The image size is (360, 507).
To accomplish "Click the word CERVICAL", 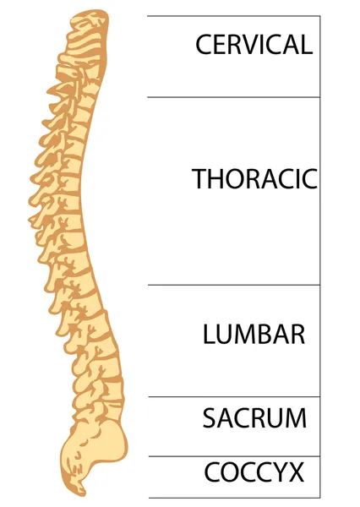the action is [254, 44].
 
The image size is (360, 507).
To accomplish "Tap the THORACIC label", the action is [255, 178].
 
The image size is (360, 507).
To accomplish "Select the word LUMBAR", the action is [254, 334].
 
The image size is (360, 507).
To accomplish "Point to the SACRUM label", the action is [254, 418].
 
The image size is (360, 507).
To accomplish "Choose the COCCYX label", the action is [254, 472].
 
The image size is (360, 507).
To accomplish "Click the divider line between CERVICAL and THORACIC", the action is [233, 96].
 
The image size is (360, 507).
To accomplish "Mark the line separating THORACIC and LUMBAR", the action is [234, 286].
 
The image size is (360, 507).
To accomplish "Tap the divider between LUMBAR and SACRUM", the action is [234, 397].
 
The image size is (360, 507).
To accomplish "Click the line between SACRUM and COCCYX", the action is [234, 456].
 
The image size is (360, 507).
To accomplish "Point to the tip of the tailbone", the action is [85, 494].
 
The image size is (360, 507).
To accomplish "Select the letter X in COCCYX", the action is [295, 472].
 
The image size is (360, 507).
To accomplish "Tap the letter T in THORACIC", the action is [199, 178].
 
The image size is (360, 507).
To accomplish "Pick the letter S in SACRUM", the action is [210, 418].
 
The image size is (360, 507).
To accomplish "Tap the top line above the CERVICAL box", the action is [233, 15].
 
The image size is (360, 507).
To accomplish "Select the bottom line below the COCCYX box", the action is [234, 498].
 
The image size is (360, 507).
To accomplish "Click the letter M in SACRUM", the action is [295, 418].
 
